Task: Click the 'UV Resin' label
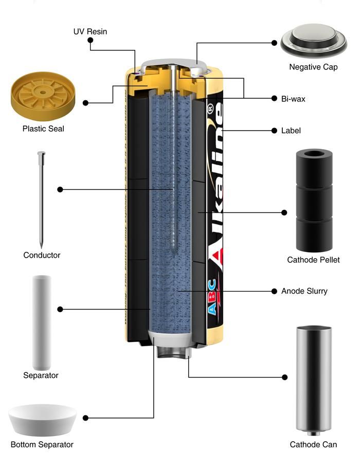click(x=90, y=32)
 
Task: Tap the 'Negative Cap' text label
click(x=313, y=67)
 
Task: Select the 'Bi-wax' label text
click(x=293, y=99)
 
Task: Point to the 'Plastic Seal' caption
click(x=43, y=129)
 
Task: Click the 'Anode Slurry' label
click(x=304, y=291)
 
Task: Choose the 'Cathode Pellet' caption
click(x=313, y=260)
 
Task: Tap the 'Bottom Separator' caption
click(x=42, y=444)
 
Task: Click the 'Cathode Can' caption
click(x=313, y=444)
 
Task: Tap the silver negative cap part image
click(x=313, y=41)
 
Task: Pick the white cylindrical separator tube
click(x=42, y=319)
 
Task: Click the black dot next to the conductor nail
click(x=60, y=189)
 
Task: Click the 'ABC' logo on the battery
click(x=214, y=306)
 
